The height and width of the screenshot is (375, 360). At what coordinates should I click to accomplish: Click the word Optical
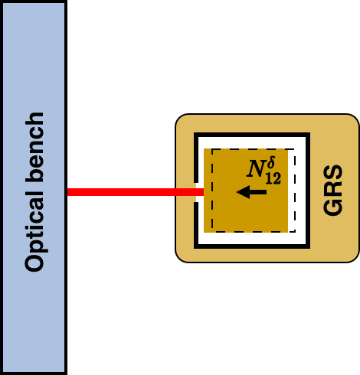click(x=34, y=233)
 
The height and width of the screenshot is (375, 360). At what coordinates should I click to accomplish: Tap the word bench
click(x=34, y=148)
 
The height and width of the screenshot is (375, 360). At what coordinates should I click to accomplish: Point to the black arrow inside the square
click(x=251, y=192)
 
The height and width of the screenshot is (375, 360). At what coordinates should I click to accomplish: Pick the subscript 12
click(x=273, y=178)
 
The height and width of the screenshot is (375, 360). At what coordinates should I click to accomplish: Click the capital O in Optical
click(x=34, y=261)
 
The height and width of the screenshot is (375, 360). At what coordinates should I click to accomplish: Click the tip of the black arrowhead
click(x=237, y=192)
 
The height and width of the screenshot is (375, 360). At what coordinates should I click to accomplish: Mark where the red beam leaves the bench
click(x=67, y=192)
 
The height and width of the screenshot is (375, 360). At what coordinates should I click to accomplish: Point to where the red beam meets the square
click(x=203, y=192)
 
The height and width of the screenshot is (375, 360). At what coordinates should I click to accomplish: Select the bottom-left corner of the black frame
click(x=196, y=246)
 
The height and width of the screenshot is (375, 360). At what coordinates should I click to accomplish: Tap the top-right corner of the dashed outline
click(x=295, y=149)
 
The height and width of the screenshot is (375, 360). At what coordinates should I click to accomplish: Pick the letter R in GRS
click(x=333, y=190)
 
